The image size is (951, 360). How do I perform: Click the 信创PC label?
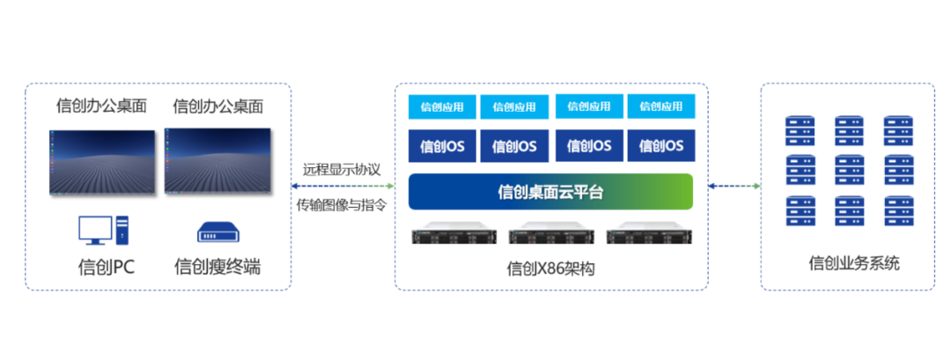pyautogui.click(x=106, y=266)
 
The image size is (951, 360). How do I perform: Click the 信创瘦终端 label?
pyautogui.click(x=217, y=266)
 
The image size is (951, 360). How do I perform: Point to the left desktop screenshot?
pyautogui.click(x=102, y=161)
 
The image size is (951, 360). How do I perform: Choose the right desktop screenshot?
pyautogui.click(x=217, y=161)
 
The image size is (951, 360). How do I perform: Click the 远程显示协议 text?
pyautogui.click(x=342, y=169)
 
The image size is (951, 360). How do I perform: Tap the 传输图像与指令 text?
pyautogui.click(x=342, y=204)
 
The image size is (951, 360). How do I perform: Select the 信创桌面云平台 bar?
pyautogui.click(x=551, y=192)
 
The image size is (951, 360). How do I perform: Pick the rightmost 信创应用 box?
pyautogui.click(x=661, y=107)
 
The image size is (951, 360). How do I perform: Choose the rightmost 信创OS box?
pyautogui.click(x=661, y=146)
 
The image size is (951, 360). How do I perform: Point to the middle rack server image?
pyautogui.click(x=551, y=236)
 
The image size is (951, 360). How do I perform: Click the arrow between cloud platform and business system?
pyautogui.click(x=734, y=186)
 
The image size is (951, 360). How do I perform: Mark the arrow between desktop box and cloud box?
pyautogui.click(x=342, y=186)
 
